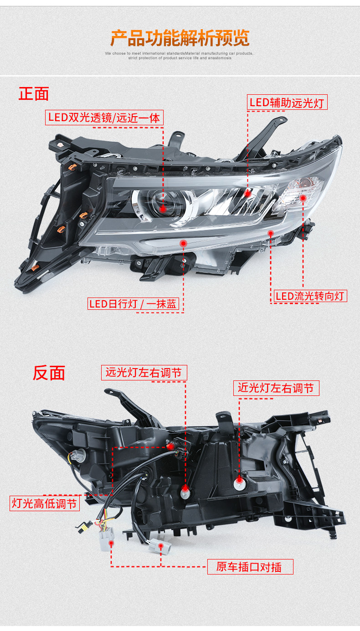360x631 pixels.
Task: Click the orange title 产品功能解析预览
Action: coord(180,38)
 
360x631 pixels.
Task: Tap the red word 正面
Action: coord(34,93)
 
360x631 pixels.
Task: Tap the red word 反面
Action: coord(49,372)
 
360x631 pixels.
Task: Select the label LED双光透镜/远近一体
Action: coord(104,118)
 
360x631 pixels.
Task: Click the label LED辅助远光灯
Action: coord(287,103)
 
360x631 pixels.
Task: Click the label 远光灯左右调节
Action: coord(144,373)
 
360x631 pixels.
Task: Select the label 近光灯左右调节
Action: coord(276,388)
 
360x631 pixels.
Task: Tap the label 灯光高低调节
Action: coord(45,503)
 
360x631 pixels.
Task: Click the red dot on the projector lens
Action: coord(163,208)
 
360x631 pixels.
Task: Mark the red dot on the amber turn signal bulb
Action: coord(303,198)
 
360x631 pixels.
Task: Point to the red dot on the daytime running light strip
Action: coord(183,244)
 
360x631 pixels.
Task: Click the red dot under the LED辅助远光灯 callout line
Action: coord(248,194)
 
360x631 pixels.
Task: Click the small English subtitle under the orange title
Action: coord(180,56)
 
